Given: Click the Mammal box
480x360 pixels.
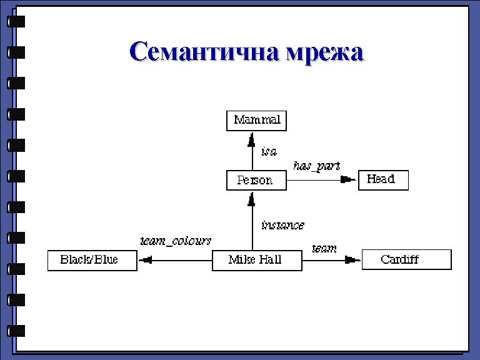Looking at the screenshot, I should (256, 120).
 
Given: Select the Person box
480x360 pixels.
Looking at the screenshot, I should (256, 181).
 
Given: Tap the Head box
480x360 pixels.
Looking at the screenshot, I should (382, 180).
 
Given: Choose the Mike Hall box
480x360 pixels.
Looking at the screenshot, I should (256, 260).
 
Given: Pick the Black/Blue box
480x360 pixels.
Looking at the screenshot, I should (91, 260).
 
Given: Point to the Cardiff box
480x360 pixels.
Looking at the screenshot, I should (406, 260).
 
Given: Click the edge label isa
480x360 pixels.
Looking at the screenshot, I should (269, 151).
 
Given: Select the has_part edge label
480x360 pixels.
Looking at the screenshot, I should (317, 166).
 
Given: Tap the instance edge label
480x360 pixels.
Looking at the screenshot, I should (282, 225).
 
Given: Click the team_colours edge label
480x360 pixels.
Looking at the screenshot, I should (176, 241).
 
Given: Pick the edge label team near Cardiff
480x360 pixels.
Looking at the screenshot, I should (324, 248).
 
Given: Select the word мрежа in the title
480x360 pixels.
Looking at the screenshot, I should (324, 52).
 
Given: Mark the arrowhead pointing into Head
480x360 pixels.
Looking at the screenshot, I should (348, 181).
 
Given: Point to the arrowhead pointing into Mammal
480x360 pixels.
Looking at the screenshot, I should (252, 139).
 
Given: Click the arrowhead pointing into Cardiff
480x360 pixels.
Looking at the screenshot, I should (352, 260).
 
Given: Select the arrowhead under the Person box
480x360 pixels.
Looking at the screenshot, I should (252, 199).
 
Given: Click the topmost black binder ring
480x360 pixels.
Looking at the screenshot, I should (16, 22).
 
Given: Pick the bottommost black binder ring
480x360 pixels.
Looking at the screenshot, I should (16, 331).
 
